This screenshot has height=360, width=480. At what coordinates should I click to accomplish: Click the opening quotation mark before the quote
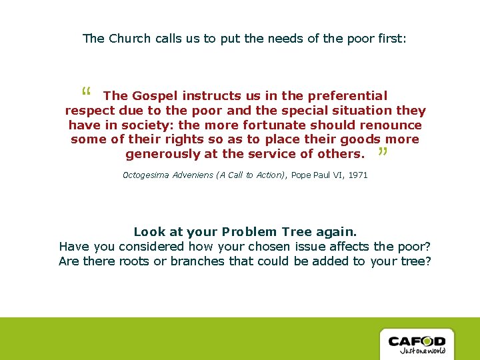click(x=85, y=92)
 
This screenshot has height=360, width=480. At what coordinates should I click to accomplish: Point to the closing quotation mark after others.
click(x=382, y=153)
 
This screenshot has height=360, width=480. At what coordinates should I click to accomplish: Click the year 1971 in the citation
click(x=357, y=175)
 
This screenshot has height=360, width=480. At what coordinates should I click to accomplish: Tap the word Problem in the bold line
click(x=248, y=232)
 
